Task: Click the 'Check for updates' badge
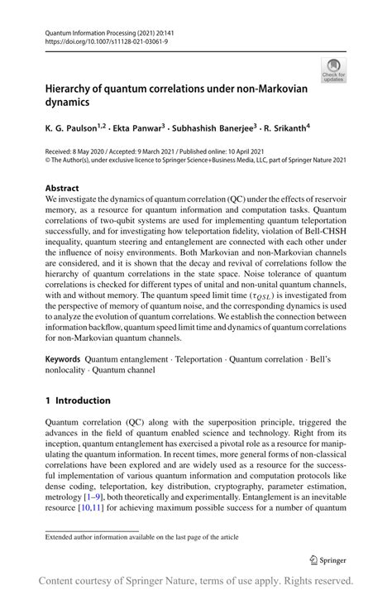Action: coord(335,70)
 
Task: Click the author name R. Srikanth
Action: coord(285,128)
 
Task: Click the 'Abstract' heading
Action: coord(62,189)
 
